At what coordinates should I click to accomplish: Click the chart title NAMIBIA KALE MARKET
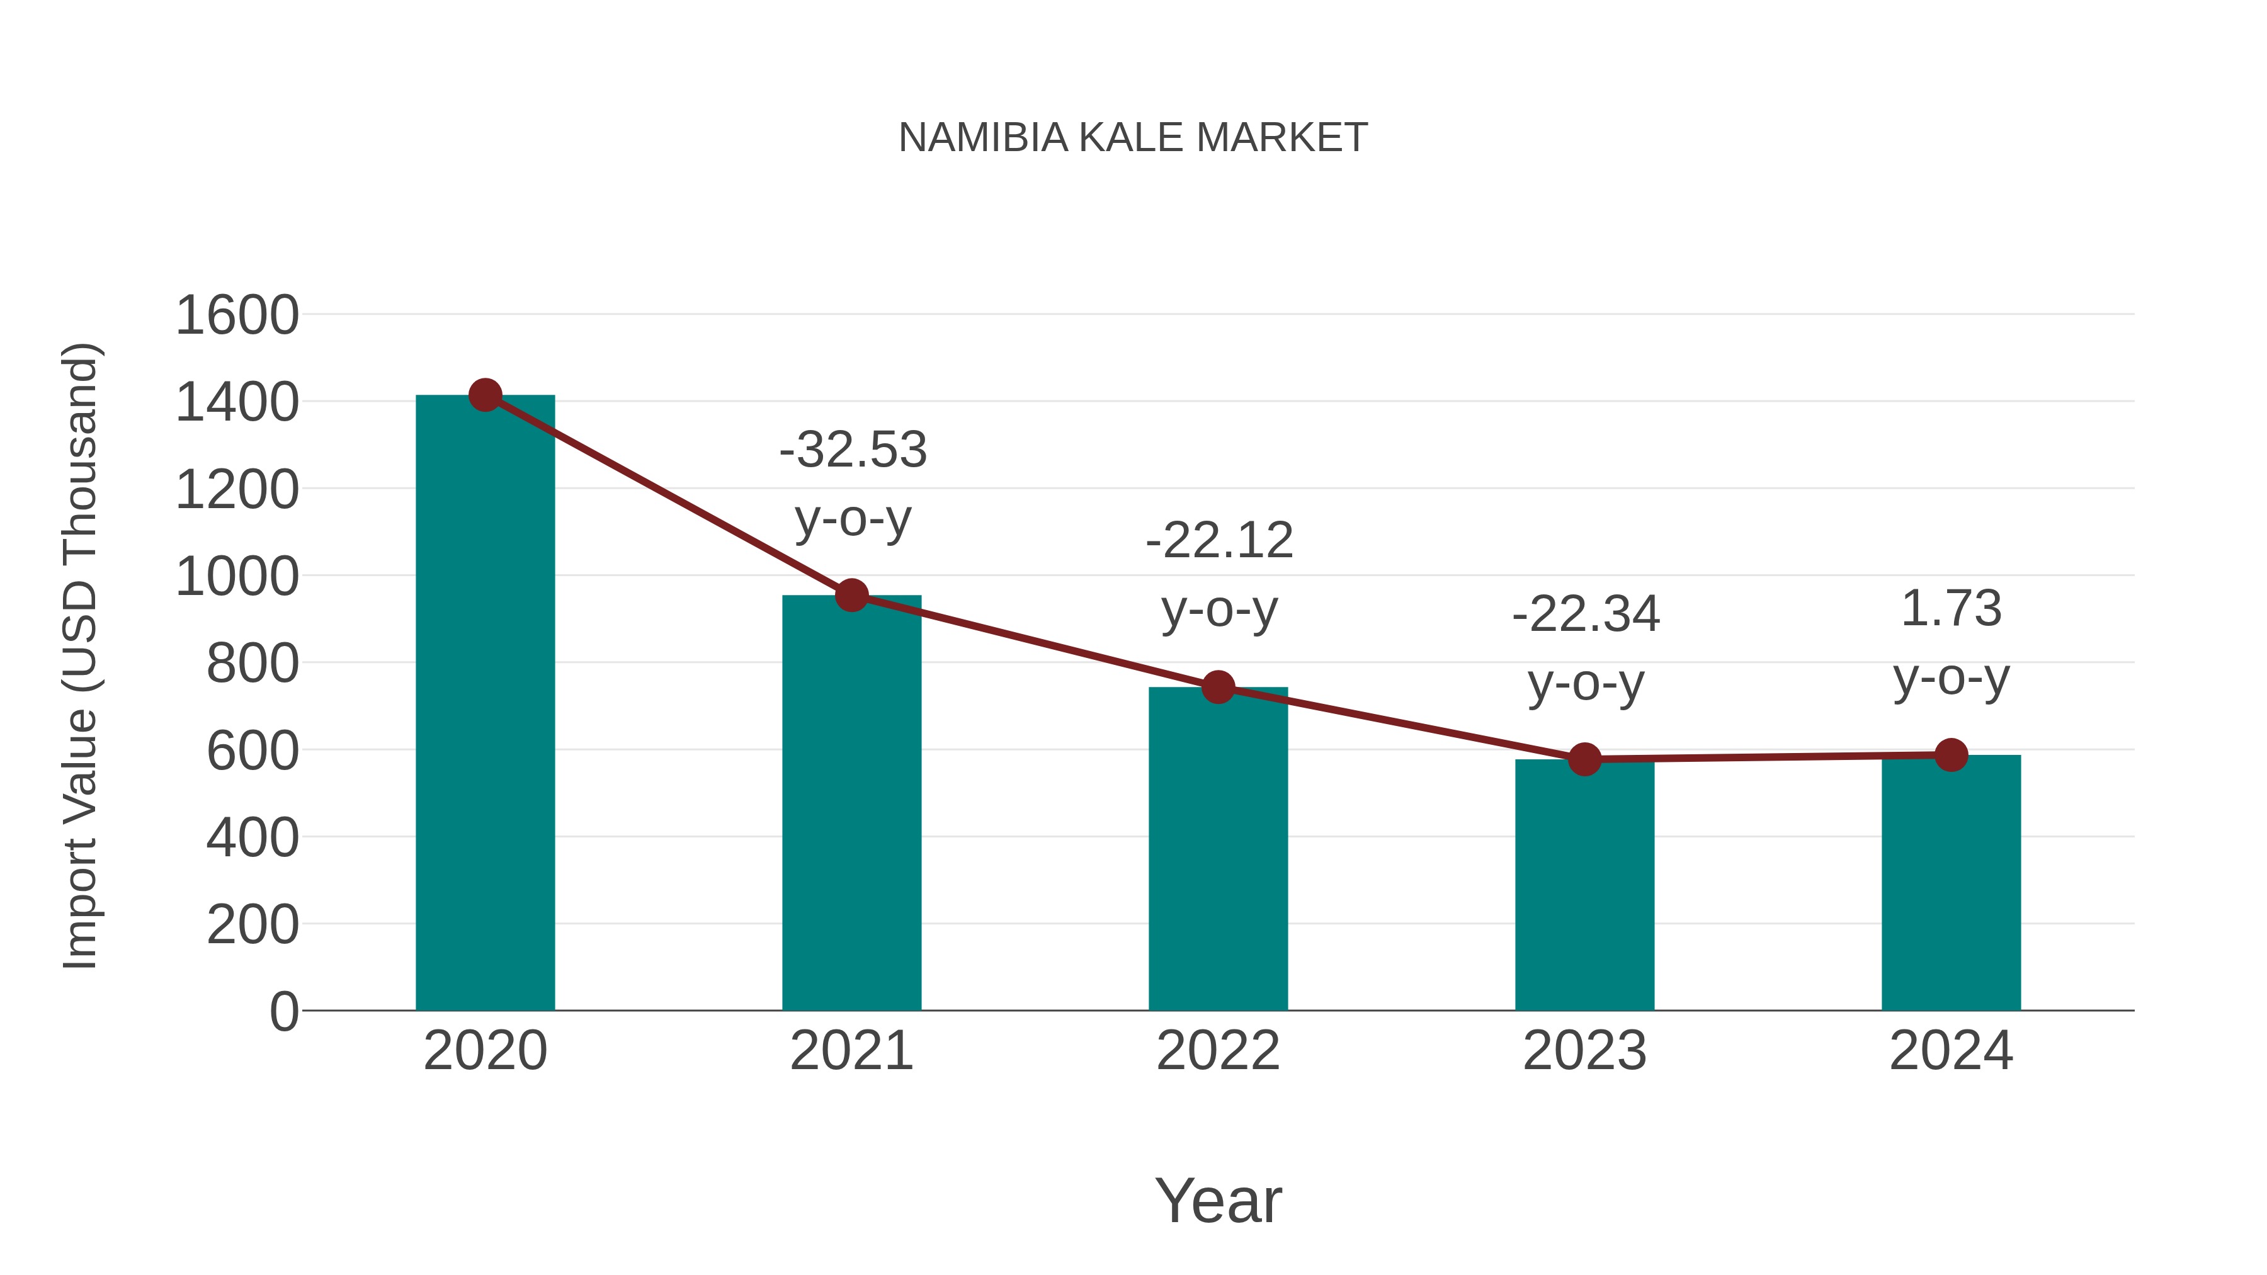pos(1133,138)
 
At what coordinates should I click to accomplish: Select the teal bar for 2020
pos(485,704)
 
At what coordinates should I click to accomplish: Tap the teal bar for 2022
pos(1218,849)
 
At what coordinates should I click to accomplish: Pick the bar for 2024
pos(1951,883)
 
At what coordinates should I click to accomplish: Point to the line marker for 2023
pos(1584,759)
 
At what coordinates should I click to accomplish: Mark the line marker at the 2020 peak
pos(485,395)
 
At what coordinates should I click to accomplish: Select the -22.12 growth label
pos(1219,540)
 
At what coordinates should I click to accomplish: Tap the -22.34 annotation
pos(1586,614)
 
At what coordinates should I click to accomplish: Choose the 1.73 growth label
pos(1951,609)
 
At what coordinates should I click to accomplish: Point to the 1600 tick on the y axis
pos(237,315)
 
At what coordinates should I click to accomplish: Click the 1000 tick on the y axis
pos(237,577)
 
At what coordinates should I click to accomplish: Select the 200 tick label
pos(252,925)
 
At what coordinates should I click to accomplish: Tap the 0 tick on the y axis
pos(283,1012)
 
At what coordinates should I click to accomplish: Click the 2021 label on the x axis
pos(851,1051)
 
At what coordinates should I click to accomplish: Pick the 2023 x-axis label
pos(1584,1051)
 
